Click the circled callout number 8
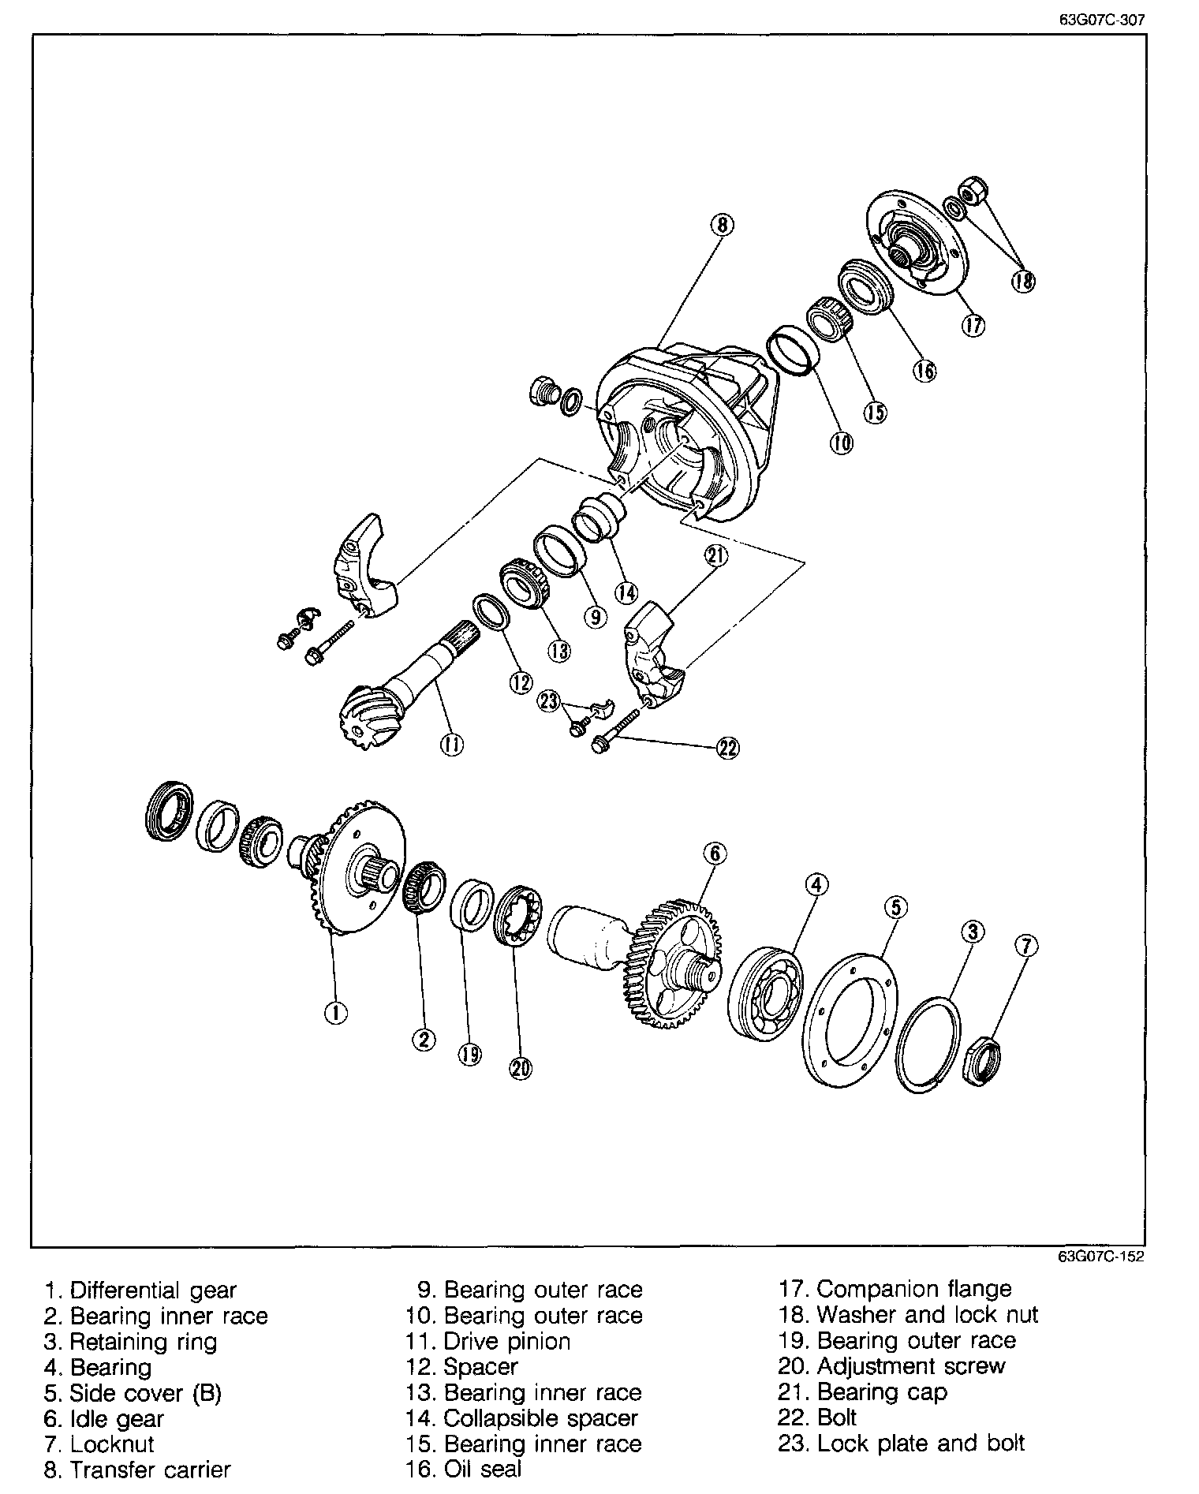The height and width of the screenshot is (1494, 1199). click(721, 226)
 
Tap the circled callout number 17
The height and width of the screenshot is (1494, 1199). click(973, 325)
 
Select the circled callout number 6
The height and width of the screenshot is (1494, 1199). click(715, 853)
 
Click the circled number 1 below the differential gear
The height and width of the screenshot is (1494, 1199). click(336, 1013)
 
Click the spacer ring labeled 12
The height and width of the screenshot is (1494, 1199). click(491, 614)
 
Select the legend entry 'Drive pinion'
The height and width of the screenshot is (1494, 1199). click(507, 1341)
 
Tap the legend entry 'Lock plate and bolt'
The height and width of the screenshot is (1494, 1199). click(921, 1444)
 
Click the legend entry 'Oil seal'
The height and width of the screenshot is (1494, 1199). click(483, 1469)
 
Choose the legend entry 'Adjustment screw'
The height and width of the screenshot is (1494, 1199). click(911, 1366)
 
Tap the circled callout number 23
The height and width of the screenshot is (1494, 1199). click(549, 701)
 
